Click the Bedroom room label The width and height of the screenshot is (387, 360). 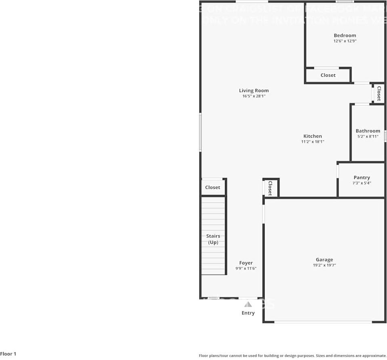pos(345,36)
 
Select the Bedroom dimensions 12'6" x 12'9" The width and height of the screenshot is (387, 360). pos(345,41)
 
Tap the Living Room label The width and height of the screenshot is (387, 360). pos(254,91)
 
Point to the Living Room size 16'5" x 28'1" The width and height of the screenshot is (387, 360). pos(254,96)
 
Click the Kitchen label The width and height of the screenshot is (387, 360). pos(313,136)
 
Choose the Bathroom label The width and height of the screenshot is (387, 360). pos(368,131)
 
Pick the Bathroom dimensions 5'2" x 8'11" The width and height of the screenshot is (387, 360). pos(368,137)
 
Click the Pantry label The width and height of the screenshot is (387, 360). pos(362,178)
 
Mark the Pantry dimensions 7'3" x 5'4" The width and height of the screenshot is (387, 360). pos(362,183)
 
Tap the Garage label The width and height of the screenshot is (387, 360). pos(324,260)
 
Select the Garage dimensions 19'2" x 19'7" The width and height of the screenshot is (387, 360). pos(324,266)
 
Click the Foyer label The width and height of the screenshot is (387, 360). pos(246,263)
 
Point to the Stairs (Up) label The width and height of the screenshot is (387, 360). pos(213,239)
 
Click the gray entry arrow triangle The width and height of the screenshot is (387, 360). pos(248,304)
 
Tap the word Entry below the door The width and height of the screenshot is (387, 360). pos(248,313)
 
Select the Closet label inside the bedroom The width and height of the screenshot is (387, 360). pos(328,75)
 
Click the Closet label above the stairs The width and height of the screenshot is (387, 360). pos(212,188)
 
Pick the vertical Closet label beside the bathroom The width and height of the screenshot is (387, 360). pos(379,93)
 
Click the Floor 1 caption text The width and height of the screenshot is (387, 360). pos(8,354)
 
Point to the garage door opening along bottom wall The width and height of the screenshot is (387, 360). pos(323,322)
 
